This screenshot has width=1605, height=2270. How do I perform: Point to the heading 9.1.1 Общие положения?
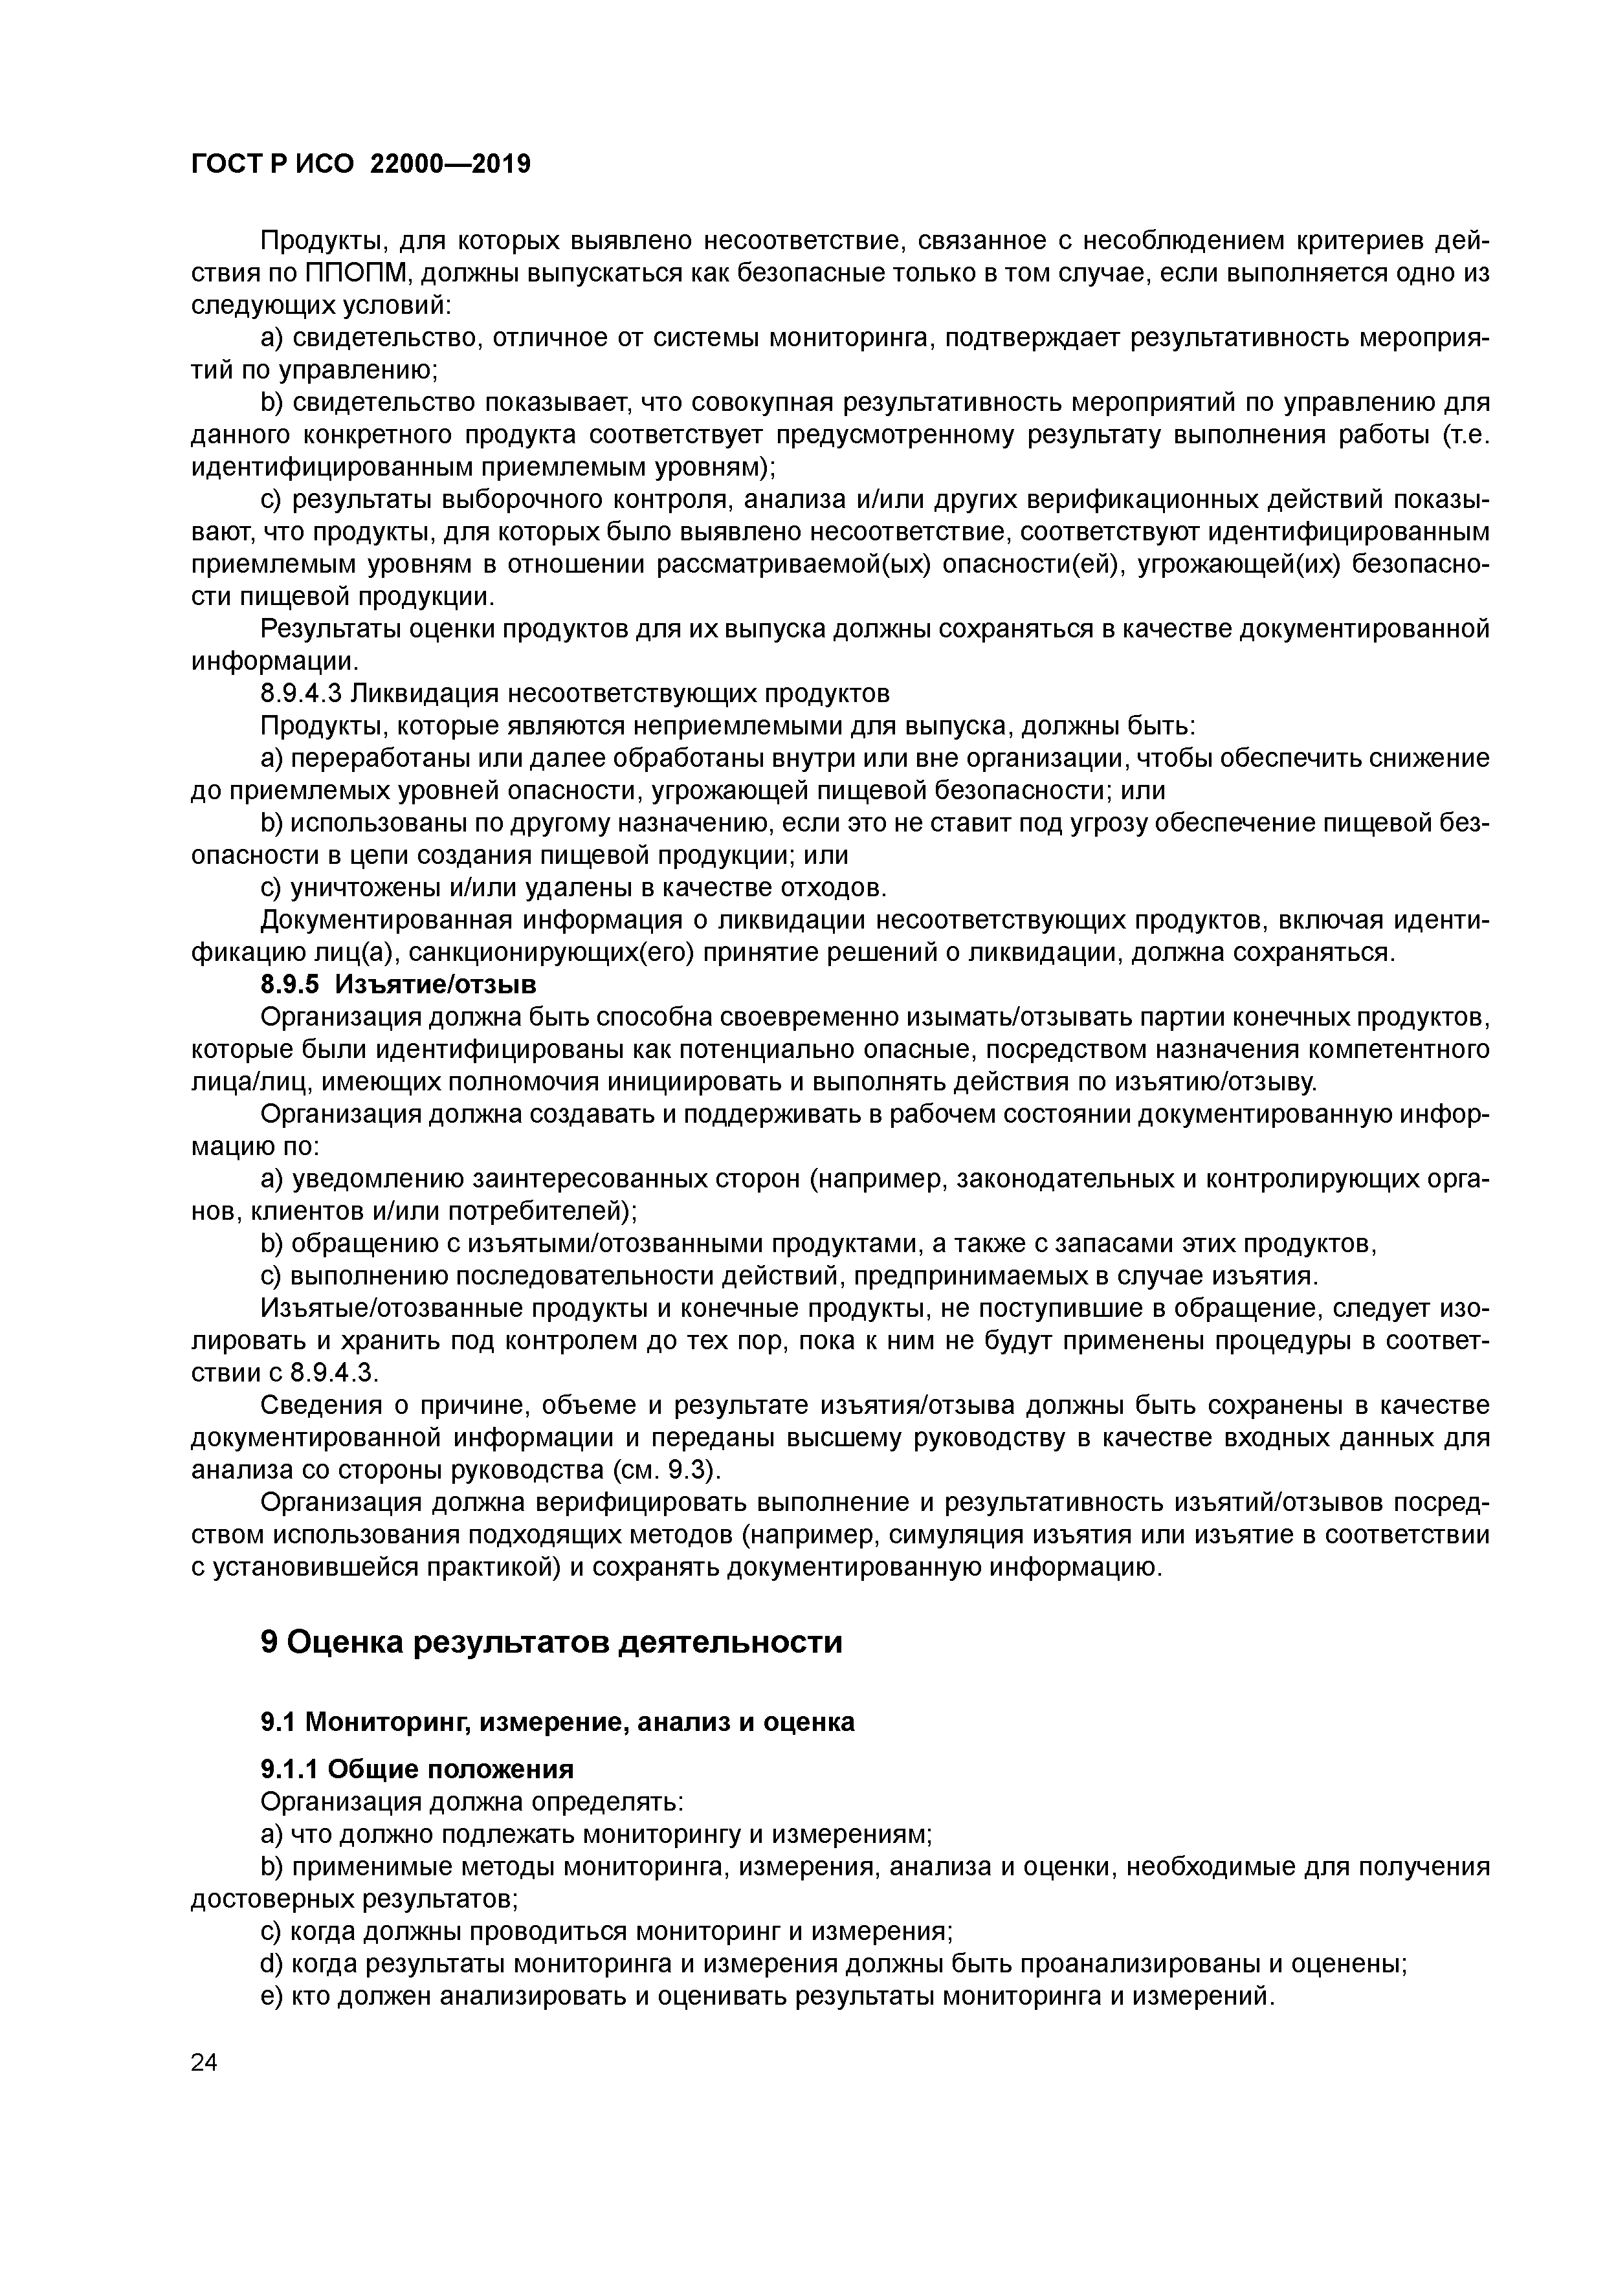point(416,1769)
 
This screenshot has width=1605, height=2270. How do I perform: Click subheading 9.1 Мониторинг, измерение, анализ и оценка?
point(557,1723)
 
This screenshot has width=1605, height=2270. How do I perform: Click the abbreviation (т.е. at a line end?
point(1466,435)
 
